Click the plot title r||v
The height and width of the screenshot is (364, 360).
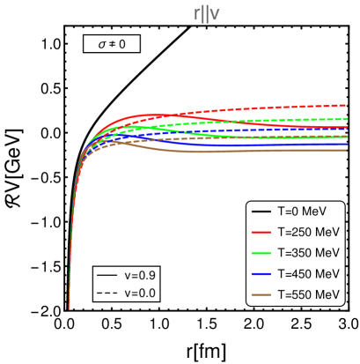206,14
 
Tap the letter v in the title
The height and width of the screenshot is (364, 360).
215,15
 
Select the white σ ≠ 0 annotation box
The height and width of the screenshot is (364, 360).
112,43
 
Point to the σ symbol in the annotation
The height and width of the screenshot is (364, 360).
101,43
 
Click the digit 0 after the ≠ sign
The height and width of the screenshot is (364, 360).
124,43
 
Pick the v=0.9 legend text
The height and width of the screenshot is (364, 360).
140,276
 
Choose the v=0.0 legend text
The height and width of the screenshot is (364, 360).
140,293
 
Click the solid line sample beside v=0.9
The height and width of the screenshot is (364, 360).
107,276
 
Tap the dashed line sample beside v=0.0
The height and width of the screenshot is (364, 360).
107,293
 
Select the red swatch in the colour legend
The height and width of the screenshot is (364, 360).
261,233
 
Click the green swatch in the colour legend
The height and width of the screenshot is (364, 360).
261,253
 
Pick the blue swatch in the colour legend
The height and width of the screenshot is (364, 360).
261,274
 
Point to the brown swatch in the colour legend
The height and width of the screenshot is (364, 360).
261,294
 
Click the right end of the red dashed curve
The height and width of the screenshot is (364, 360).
347,105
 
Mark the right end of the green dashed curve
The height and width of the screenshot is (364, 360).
347,118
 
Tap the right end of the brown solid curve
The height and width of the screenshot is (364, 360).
347,150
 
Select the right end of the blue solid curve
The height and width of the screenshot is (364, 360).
347,144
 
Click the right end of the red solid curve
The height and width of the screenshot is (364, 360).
347,128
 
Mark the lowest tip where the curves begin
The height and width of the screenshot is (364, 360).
70,308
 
